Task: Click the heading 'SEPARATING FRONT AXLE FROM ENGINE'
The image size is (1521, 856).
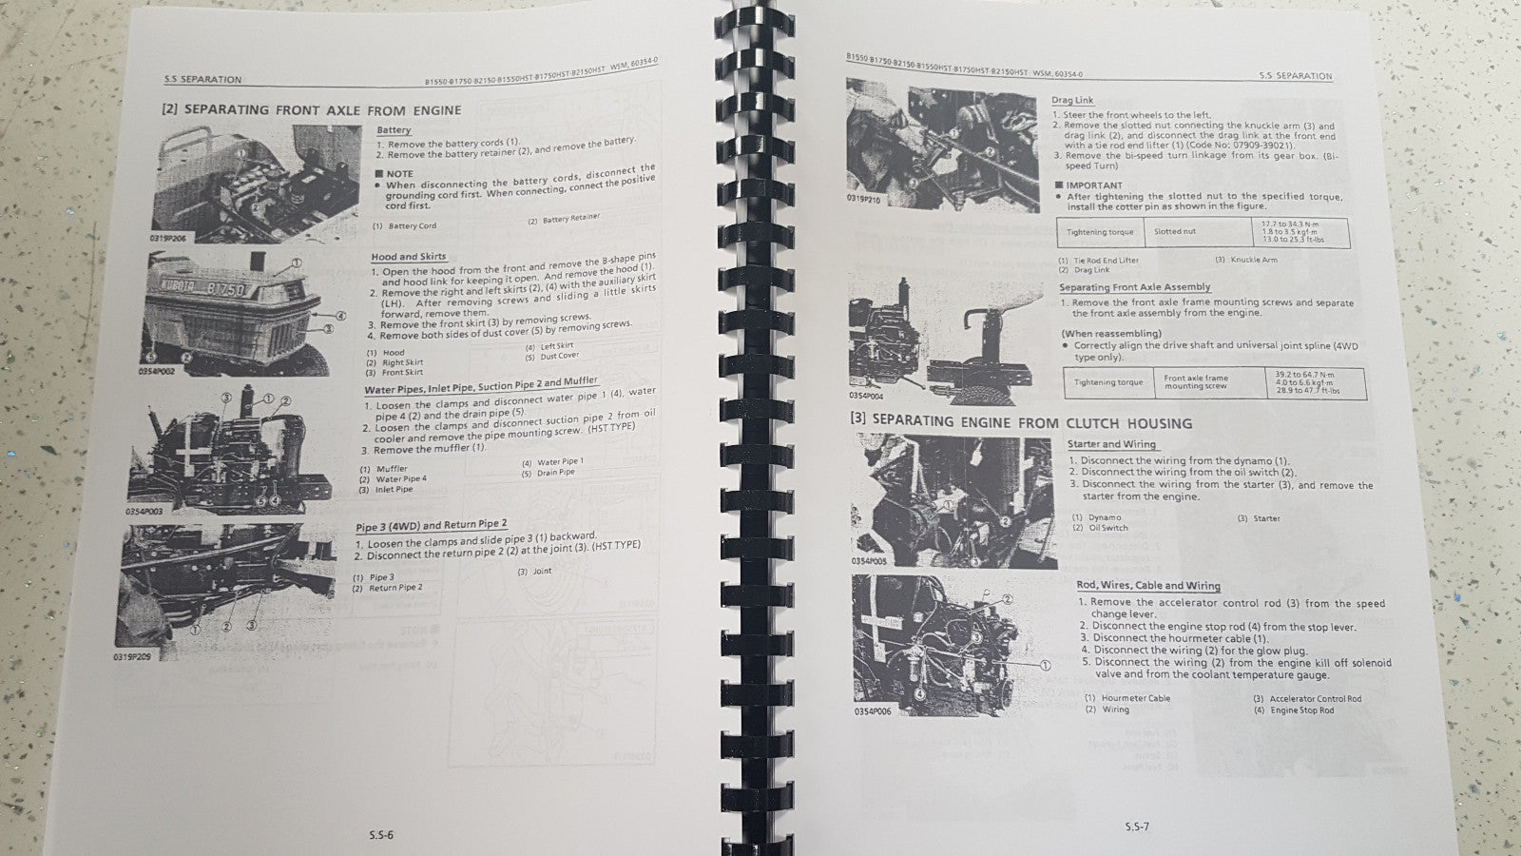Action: pos(312,109)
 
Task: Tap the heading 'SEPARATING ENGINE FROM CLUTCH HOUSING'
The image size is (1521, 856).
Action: pos(1020,421)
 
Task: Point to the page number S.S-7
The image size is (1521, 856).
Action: pos(1135,826)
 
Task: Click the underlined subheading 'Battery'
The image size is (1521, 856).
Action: pos(394,130)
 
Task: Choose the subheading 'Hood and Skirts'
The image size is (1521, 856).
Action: pos(408,257)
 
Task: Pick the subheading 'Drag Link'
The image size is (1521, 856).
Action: pos(1072,100)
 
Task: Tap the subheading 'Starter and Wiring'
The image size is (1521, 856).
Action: pos(1111,444)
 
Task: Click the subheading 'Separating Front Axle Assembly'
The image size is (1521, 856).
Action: pos(1134,287)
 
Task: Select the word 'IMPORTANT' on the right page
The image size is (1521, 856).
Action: pos(1093,185)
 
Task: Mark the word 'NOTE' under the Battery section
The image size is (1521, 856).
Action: pos(399,173)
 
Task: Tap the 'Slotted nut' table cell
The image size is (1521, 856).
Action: pos(1175,231)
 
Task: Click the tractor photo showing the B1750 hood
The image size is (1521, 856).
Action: pos(242,309)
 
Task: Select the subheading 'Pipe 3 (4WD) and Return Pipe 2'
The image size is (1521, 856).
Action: pos(431,525)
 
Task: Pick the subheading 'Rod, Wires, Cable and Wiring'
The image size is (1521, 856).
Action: pos(1147,586)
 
